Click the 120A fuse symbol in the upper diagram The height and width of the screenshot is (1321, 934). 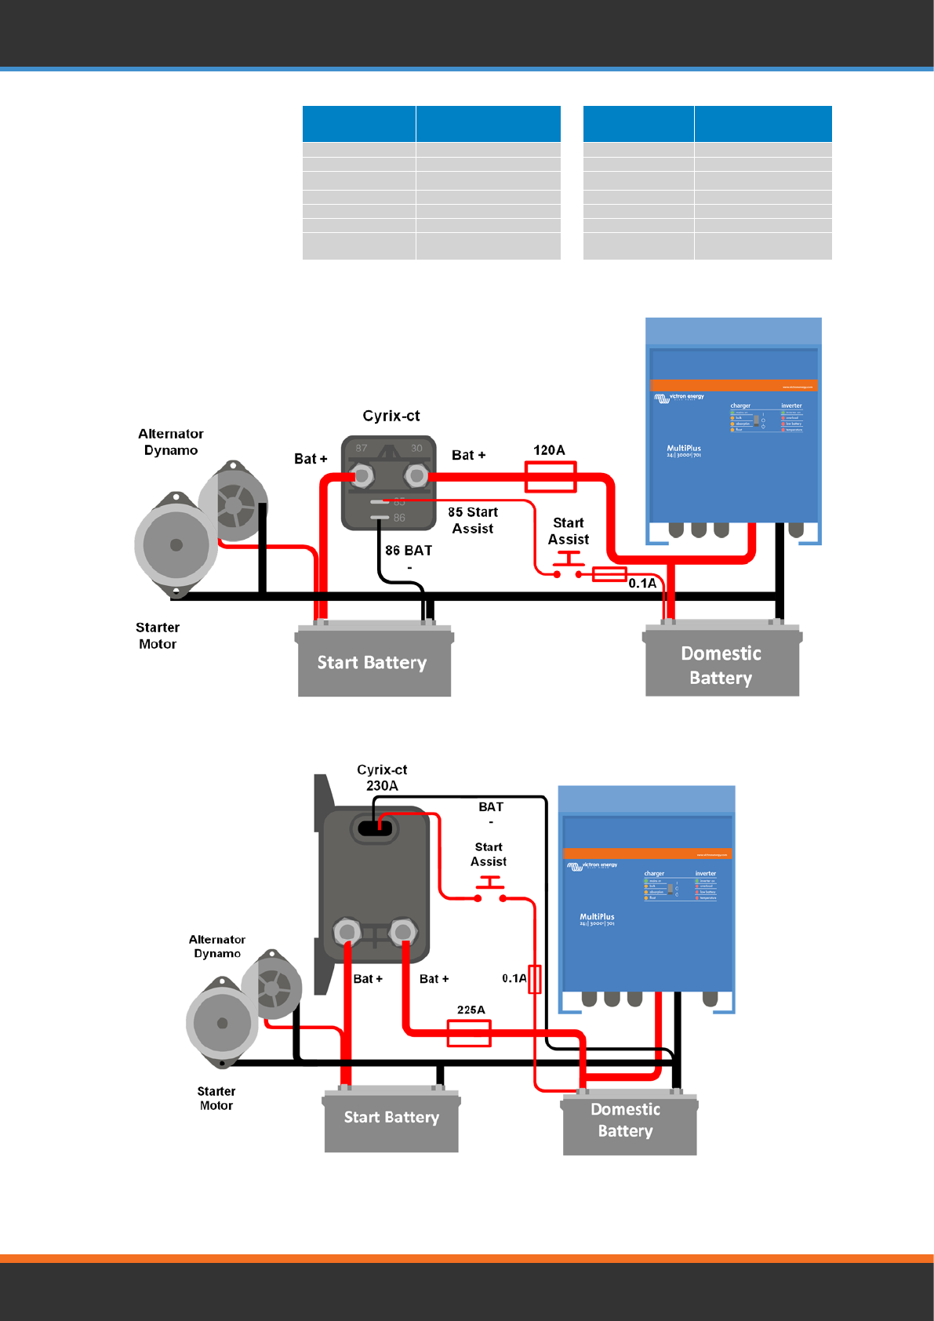pos(551,476)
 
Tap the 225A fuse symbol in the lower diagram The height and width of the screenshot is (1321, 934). pos(469,1032)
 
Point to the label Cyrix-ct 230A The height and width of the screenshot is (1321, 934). pos(382,777)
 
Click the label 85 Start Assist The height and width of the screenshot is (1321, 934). pos(473,520)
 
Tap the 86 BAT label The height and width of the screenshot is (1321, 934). pos(409,551)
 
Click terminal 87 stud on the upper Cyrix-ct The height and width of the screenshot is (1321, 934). pos(362,475)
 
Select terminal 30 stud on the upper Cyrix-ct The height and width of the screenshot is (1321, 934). pos(417,475)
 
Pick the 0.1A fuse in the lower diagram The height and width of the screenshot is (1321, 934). pos(535,979)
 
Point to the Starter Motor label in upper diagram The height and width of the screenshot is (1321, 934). pos(158,635)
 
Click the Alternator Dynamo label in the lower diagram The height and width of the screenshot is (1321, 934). pos(217,946)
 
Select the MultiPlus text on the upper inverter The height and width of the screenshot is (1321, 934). pos(684,449)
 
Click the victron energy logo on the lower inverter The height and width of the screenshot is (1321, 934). pos(593,866)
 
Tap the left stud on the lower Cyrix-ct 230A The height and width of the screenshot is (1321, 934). pos(347,932)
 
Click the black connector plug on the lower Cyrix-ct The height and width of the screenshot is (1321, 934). pos(375,828)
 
